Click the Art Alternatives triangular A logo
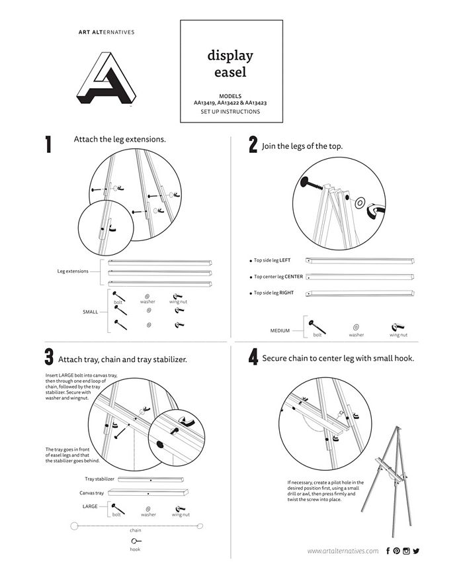coord(106,79)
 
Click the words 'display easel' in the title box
coord(230,64)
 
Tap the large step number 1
coord(48,144)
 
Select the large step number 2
coord(253,144)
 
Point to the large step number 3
coord(49,357)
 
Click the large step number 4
coord(253,357)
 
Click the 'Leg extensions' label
coord(73,271)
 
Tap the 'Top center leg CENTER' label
coord(278,277)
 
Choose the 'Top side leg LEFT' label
coord(273,260)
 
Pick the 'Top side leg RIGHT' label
coord(274,293)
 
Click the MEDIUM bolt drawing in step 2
coord(317,326)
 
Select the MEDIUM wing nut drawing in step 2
coord(398,328)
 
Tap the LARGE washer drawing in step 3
coord(148,509)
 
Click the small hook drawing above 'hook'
coord(136,541)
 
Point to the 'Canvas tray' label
coord(91,493)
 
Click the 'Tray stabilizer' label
coord(99,479)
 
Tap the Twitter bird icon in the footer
coord(417,551)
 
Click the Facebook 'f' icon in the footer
coord(388,551)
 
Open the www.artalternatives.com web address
coord(343,551)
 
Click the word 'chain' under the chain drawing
coord(136,530)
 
